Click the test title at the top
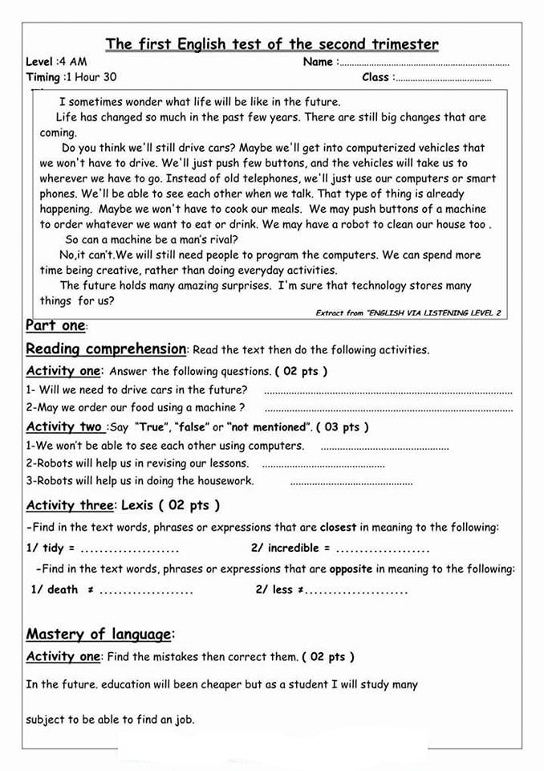272,44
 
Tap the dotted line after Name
424,63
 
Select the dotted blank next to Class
443,80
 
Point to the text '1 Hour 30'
92,78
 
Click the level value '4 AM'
74,62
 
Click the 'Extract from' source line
408,313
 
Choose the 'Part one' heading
55,326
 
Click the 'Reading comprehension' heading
106,349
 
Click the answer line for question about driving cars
388,392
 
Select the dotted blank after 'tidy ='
130,550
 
